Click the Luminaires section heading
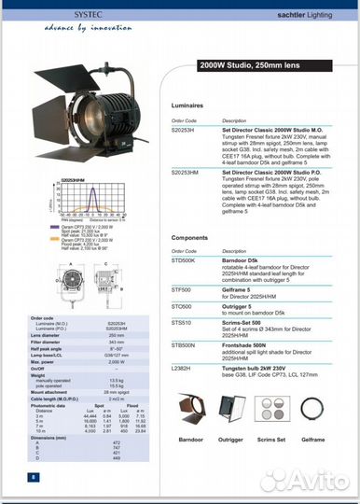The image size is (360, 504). tap(189, 107)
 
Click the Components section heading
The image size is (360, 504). tap(191, 238)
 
